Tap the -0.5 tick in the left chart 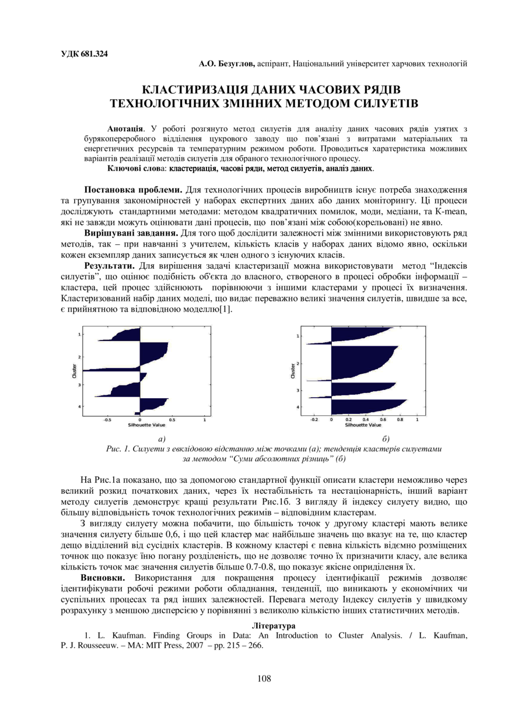click(107, 419)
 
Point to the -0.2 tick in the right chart click(314, 419)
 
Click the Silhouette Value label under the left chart click(142, 425)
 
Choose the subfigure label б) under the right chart click(385, 438)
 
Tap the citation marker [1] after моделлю click(224, 310)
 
